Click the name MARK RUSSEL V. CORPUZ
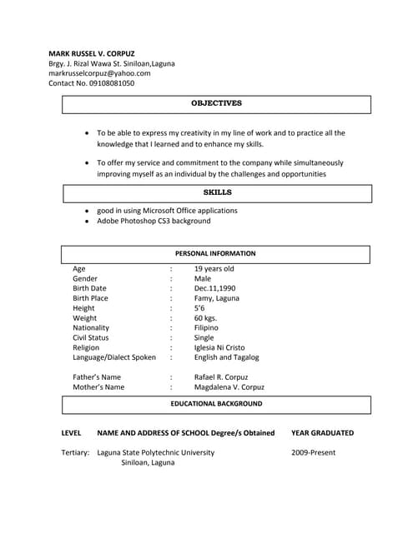pyautogui.click(x=93, y=52)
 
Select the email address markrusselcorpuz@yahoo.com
pyautogui.click(x=99, y=73)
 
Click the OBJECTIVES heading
pyautogui.click(x=216, y=103)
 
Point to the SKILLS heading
pyautogui.click(x=217, y=192)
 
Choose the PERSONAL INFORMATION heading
pyautogui.click(x=215, y=253)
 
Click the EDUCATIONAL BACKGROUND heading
pyautogui.click(x=216, y=404)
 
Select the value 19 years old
pyautogui.click(x=214, y=269)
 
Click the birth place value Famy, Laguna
pyautogui.click(x=216, y=298)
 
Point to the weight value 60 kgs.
pyautogui.click(x=205, y=318)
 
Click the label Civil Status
pyautogui.click(x=91, y=338)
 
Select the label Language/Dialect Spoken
pyautogui.click(x=114, y=357)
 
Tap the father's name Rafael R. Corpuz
pyautogui.click(x=221, y=377)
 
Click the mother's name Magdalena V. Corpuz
pyautogui.click(x=229, y=387)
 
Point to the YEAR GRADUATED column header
pyautogui.click(x=322, y=433)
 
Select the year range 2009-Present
pyautogui.click(x=315, y=453)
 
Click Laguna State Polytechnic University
pyautogui.click(x=155, y=453)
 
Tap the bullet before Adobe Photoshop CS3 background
pyautogui.click(x=87, y=222)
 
